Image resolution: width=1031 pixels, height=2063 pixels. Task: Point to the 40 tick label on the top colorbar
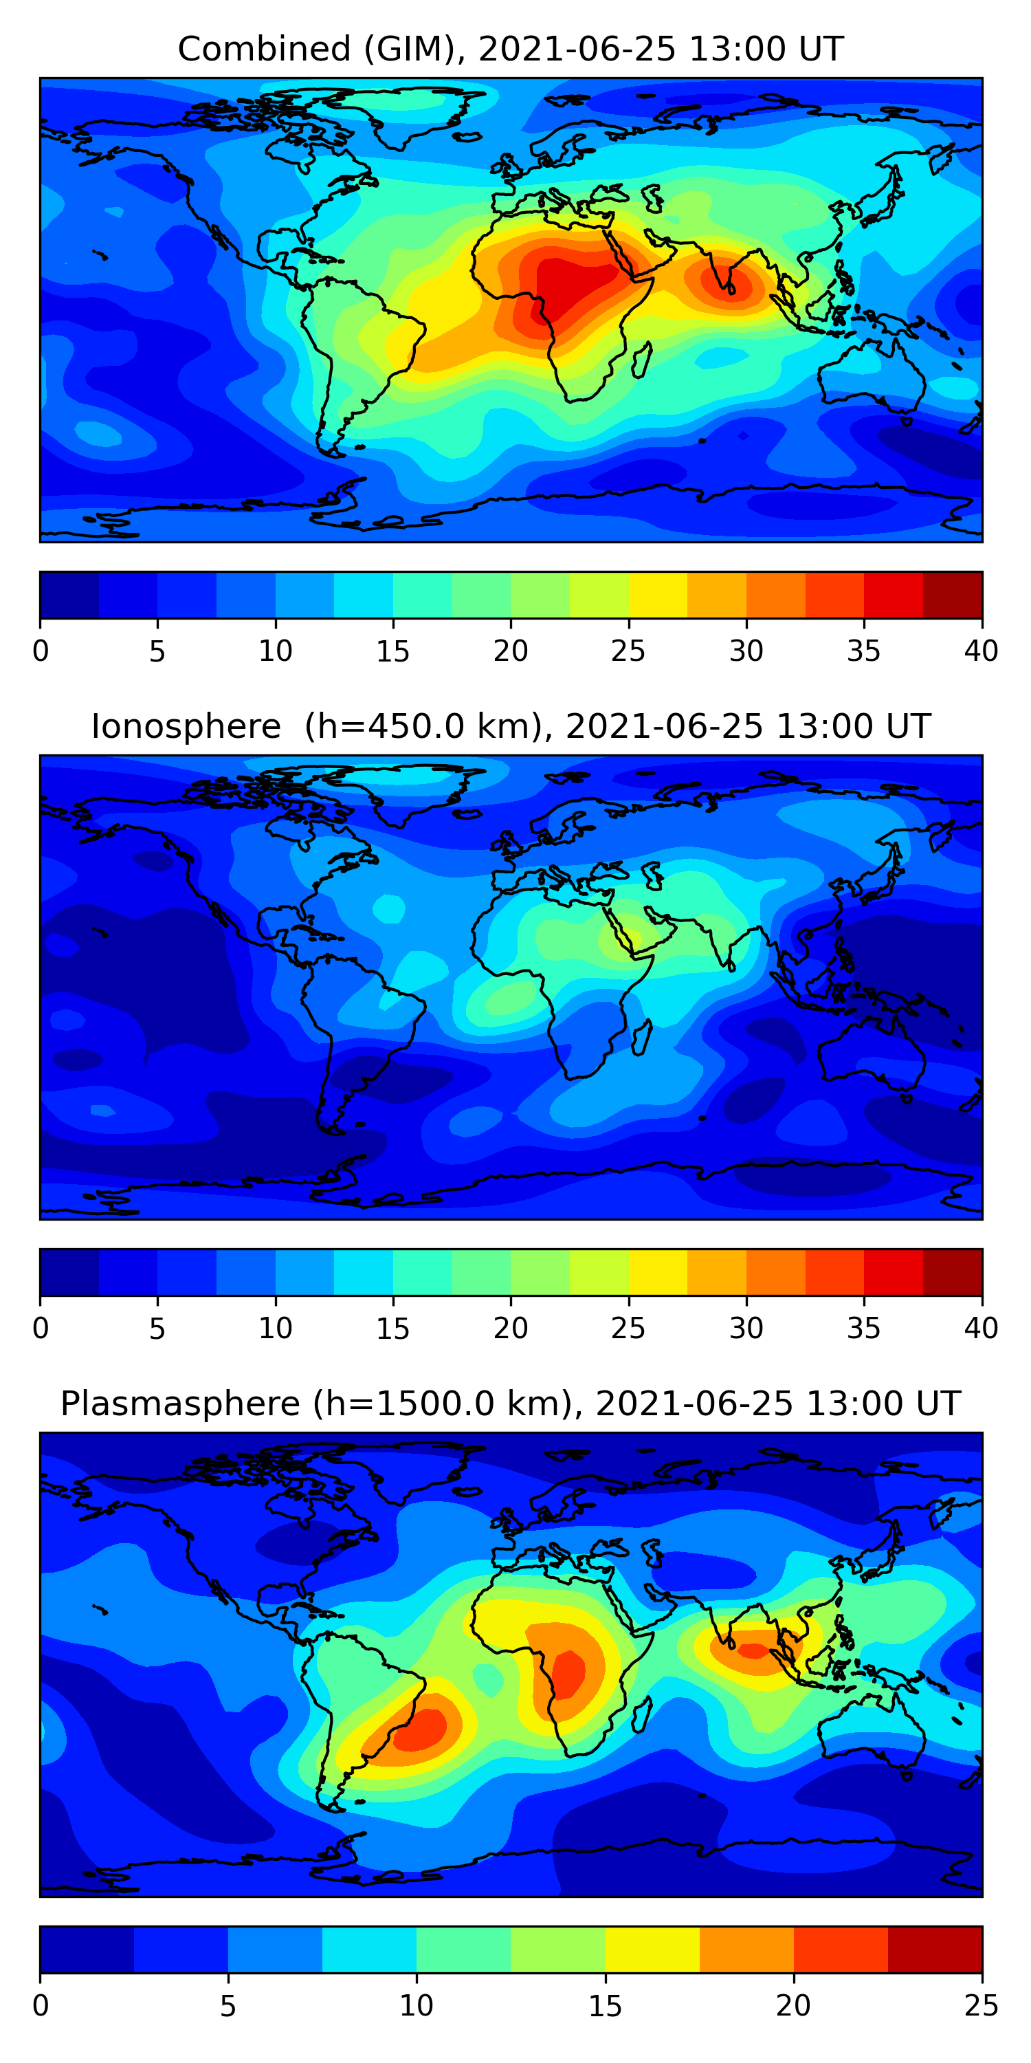click(981, 651)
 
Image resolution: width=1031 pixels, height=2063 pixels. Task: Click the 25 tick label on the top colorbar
click(628, 651)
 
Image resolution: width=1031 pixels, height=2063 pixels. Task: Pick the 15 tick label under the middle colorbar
click(392, 1328)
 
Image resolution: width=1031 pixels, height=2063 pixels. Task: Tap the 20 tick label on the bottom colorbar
click(792, 2005)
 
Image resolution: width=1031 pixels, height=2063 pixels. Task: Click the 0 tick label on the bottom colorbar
click(41, 2005)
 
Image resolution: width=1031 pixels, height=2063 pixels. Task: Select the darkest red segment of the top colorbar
click(953, 595)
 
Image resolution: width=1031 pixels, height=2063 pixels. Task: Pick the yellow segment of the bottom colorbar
click(652, 1950)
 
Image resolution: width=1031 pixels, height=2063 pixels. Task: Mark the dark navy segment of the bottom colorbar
click(87, 1950)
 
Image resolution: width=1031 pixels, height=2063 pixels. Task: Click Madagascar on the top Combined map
click(641, 360)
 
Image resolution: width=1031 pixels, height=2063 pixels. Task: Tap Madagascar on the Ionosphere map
click(641, 1037)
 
